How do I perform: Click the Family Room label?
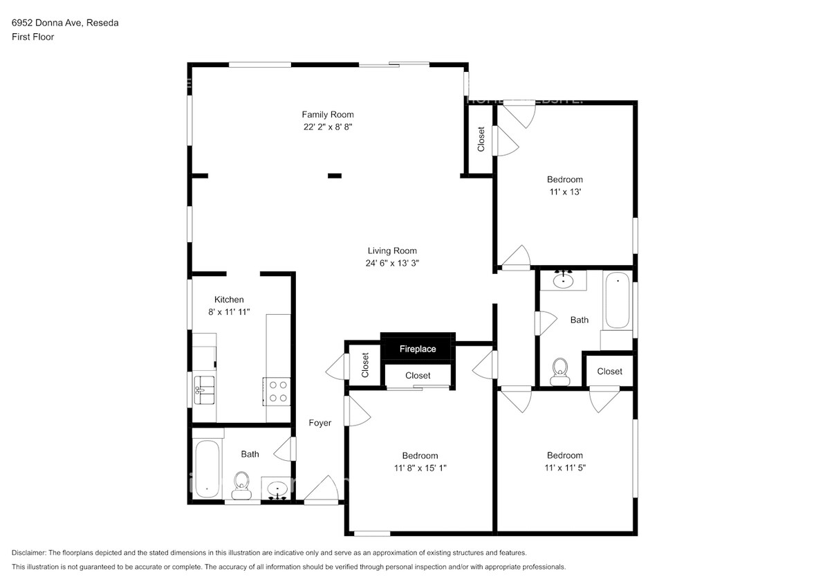pos(328,115)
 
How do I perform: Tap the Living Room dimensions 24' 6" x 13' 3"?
pos(391,263)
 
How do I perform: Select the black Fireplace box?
pos(418,349)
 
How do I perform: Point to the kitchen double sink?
pos(204,390)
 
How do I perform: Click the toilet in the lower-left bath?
pos(241,484)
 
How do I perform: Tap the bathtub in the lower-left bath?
pos(207,468)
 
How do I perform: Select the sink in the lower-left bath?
pos(278,489)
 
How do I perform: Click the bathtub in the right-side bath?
pos(618,301)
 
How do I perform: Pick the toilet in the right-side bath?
pos(559,370)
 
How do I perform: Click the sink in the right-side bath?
pos(565,280)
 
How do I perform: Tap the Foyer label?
pos(319,423)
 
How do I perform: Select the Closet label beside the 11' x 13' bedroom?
pos(481,139)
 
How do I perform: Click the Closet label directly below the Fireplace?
pos(418,376)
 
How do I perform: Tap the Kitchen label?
pos(229,300)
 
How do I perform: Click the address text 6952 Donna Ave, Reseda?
pos(65,23)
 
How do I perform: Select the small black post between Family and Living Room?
pos(335,176)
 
